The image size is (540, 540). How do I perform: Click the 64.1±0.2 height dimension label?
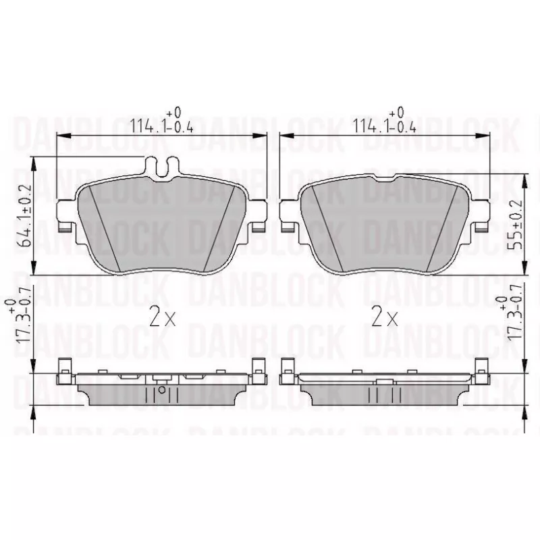(25, 216)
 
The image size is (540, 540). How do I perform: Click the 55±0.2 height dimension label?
(515, 225)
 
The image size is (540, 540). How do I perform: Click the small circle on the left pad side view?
(162, 390)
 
